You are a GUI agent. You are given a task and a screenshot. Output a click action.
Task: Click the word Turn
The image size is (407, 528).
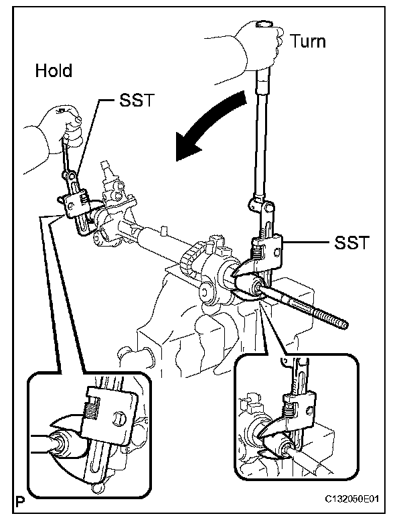(x=308, y=41)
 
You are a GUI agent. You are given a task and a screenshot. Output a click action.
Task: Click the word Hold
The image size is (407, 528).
(x=54, y=70)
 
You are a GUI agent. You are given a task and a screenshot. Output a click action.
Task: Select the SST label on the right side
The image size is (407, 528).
(x=349, y=241)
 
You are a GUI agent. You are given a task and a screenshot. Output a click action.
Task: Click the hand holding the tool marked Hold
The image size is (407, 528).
(x=64, y=124)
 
